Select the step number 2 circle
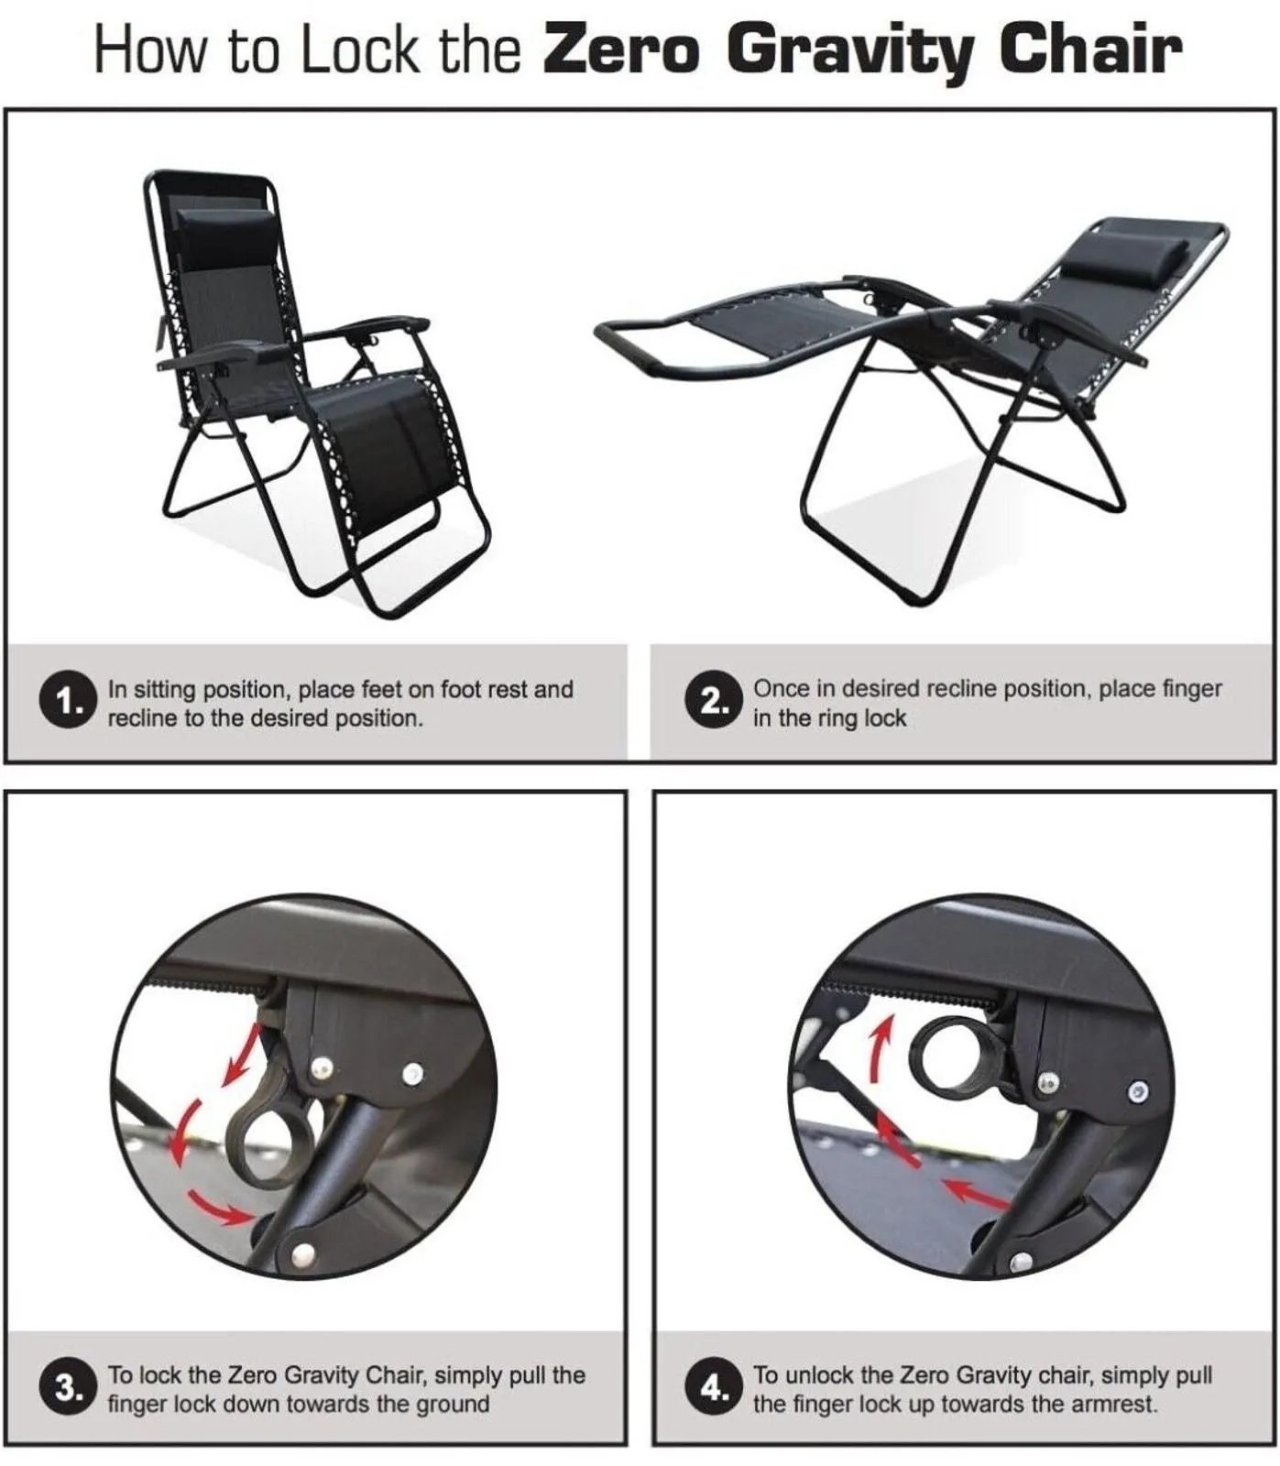point(712,702)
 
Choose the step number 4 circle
point(712,1387)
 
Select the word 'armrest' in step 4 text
point(1116,1404)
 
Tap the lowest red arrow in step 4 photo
point(975,1192)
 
